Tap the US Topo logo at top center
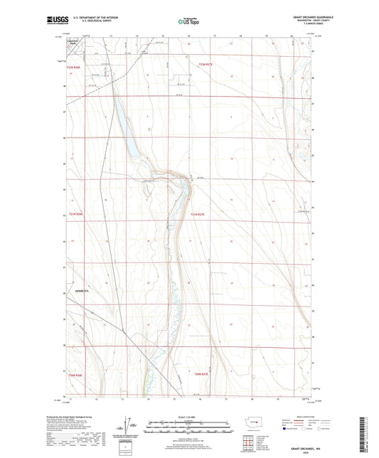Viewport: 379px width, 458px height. pyautogui.click(x=188, y=22)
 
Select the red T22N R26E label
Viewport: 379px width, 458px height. pyautogui.click(x=76, y=64)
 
